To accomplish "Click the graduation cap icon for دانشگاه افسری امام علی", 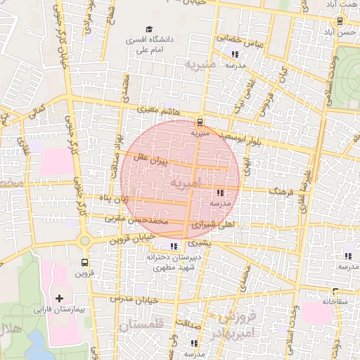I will point(148,30).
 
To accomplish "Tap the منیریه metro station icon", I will point(200,120).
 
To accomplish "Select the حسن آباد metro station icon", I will point(340,21).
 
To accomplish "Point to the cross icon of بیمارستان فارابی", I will point(59,299).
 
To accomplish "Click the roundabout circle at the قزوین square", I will point(85,240).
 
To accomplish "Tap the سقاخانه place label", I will point(335,301).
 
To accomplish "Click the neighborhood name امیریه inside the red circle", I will point(185,183).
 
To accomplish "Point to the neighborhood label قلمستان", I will point(141,326).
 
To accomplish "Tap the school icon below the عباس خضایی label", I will point(234,53).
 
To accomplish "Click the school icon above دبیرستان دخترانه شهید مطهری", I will point(174,246).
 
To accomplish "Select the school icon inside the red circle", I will point(220,193).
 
